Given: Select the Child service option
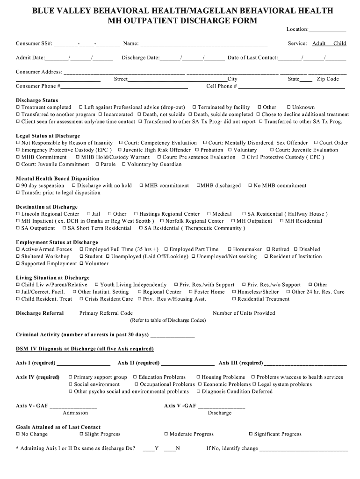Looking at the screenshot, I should [x=339, y=44].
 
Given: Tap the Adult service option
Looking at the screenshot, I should [x=319, y=44].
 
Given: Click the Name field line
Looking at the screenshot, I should [x=204, y=45].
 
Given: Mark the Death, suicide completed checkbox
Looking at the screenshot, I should [x=190, y=115].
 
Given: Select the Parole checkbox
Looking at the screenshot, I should [x=98, y=165].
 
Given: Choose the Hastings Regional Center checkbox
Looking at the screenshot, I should [x=136, y=214].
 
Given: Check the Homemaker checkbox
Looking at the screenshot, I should [x=230, y=250].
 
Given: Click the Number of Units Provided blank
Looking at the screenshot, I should [x=308, y=315].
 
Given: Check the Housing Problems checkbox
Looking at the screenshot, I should [x=198, y=377].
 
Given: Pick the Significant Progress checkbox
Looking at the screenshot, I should [x=251, y=435].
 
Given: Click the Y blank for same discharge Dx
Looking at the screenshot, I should [x=148, y=450].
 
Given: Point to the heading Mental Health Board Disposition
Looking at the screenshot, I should [x=58, y=179].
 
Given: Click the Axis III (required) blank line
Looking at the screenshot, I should [x=305, y=364].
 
